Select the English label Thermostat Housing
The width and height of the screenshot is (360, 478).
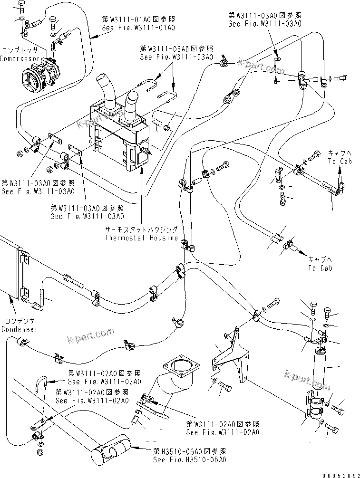click(x=142, y=238)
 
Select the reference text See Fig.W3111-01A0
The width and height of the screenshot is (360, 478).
click(x=138, y=28)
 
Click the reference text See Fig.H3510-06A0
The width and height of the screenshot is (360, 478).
click(x=189, y=459)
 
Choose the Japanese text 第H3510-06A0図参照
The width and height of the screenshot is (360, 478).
click(x=189, y=451)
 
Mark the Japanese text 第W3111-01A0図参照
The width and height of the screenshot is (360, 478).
click(x=138, y=19)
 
